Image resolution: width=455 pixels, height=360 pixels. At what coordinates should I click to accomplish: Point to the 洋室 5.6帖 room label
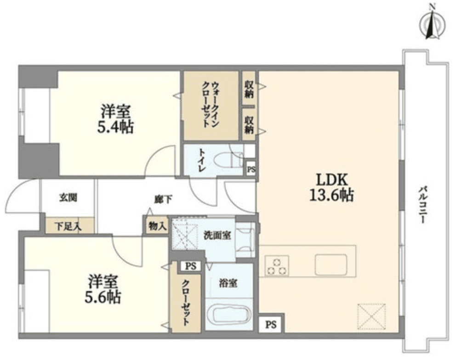[103, 288]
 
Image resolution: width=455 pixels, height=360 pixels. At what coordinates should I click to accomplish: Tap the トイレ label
[201, 160]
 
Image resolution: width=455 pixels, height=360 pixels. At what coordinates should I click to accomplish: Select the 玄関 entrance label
[68, 198]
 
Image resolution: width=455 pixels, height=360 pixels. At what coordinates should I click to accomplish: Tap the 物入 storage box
[157, 226]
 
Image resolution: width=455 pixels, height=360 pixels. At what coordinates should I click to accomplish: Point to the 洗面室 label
[217, 235]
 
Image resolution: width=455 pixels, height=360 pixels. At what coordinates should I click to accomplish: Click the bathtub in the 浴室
[228, 316]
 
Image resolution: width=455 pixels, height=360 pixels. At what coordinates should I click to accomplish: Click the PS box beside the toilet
[250, 169]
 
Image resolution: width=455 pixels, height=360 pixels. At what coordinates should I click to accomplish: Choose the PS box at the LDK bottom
[271, 325]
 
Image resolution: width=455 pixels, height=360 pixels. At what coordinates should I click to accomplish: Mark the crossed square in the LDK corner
[371, 315]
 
